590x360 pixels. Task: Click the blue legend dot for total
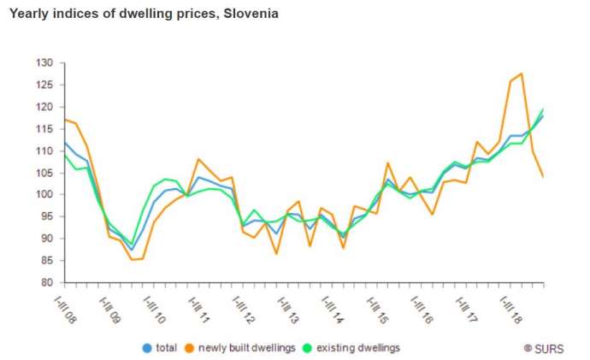tap(147, 348)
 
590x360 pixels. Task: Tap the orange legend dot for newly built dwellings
tap(190, 348)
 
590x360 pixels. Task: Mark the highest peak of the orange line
tap(522, 74)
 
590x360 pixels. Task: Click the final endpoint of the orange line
tap(544, 176)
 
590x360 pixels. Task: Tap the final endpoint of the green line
tap(544, 109)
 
